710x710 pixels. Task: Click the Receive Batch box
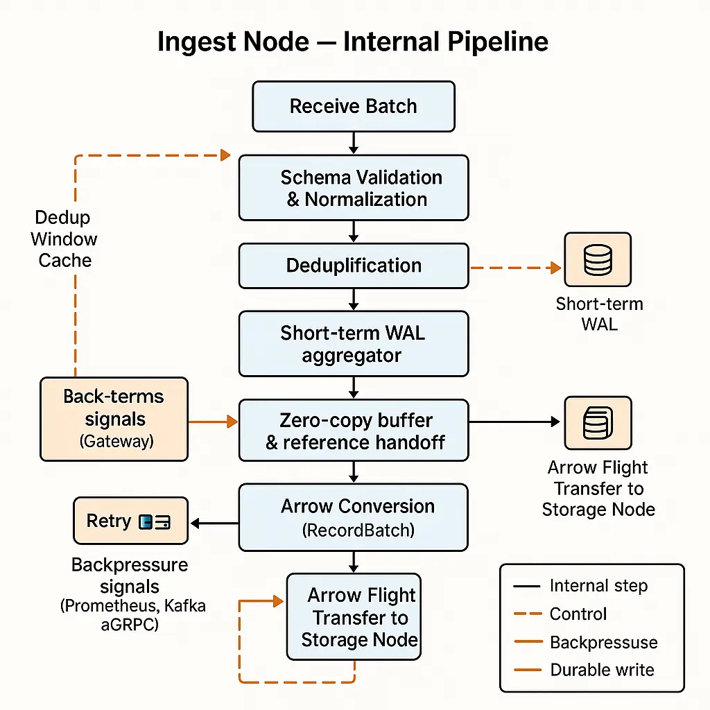coord(354,106)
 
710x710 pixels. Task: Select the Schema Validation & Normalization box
coord(354,188)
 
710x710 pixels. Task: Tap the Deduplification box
coord(354,266)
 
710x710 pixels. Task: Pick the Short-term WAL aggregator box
coord(354,344)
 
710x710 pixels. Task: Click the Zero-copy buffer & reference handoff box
coord(354,431)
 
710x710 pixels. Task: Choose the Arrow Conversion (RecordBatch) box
coord(354,517)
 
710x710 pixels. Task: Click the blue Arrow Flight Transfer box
coord(354,616)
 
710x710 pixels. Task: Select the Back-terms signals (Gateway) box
coord(114,419)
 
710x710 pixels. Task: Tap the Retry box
coord(130,521)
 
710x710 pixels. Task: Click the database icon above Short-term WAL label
coord(598,259)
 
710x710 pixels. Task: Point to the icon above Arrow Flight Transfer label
coord(598,423)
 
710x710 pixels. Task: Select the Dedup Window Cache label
coord(64,239)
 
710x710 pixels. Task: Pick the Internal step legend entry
coord(598,586)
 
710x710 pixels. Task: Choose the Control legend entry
coord(578,614)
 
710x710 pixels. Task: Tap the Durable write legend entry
coord(601,670)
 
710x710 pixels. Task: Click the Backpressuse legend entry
coord(603,642)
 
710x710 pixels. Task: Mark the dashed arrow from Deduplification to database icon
coord(514,267)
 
